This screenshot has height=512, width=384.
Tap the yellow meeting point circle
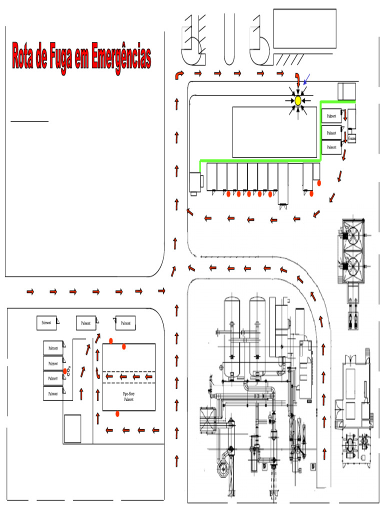(x=298, y=100)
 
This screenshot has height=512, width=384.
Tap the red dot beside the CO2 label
(x=64, y=370)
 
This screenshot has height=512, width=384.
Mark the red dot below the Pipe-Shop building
(x=117, y=413)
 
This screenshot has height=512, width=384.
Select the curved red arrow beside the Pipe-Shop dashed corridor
(x=96, y=374)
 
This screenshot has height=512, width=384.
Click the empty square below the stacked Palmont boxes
(x=72, y=427)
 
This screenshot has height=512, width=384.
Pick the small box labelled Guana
(x=352, y=138)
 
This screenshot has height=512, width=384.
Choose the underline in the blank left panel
(x=29, y=121)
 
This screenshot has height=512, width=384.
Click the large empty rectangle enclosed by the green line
(x=275, y=131)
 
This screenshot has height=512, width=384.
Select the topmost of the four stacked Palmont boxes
(x=52, y=348)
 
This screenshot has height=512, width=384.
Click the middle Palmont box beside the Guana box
(x=331, y=133)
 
